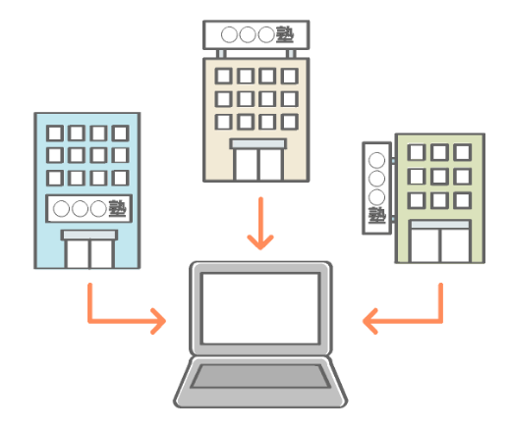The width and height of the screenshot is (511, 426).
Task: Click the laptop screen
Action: [260, 308]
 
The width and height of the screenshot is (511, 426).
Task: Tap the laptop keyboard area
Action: [260, 376]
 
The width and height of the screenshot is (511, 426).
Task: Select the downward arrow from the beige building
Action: [260, 224]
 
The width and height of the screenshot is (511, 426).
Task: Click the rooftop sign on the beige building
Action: [256, 34]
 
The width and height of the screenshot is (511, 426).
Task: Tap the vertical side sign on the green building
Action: [376, 188]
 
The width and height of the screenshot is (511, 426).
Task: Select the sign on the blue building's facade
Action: [88, 208]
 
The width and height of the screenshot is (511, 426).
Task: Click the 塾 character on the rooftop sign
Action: [285, 34]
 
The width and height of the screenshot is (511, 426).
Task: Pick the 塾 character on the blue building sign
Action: [117, 208]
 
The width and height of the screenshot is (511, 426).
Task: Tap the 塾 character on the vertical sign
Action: [376, 215]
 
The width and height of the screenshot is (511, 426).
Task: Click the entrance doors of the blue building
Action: [89, 253]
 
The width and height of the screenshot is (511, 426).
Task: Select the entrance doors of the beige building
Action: [258, 164]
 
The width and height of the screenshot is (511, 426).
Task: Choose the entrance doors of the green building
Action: [440, 244]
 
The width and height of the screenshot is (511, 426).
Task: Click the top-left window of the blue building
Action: [55, 133]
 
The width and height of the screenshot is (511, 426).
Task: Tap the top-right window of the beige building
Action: [290, 77]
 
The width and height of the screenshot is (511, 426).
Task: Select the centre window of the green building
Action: [439, 177]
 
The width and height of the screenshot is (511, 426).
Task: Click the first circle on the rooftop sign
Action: [229, 34]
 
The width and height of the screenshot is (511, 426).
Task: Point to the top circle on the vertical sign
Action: [376, 160]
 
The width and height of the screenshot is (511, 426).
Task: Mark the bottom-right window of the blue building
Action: [120, 178]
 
